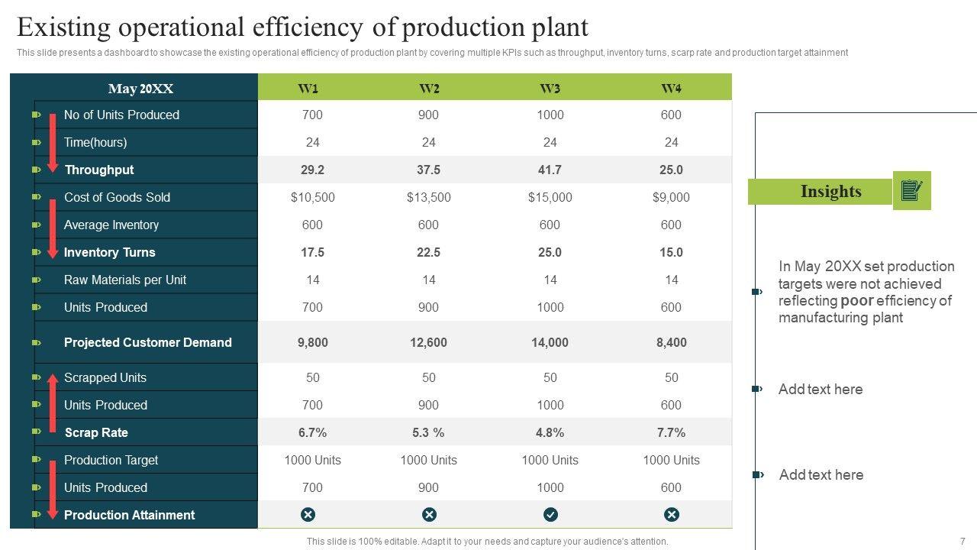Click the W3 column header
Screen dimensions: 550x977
(550, 89)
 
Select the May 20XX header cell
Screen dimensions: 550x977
(140, 89)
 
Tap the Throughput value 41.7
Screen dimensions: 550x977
(550, 170)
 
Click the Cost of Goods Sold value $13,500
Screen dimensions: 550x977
(428, 197)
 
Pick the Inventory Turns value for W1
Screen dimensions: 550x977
(312, 252)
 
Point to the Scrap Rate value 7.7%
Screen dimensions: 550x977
(671, 432)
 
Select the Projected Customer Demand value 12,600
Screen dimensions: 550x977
(428, 342)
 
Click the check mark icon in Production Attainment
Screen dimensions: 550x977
(550, 515)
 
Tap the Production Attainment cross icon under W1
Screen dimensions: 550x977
(308, 515)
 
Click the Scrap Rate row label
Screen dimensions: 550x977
(96, 432)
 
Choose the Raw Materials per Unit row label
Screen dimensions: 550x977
(125, 280)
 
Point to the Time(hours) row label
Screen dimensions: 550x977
(95, 142)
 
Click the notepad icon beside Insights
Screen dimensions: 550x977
(912, 190)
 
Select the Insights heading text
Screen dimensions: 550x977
(830, 191)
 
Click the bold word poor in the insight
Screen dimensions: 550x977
(856, 300)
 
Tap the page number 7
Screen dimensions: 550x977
(962, 541)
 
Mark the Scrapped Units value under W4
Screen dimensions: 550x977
(671, 377)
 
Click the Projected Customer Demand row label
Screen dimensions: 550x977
(147, 342)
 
